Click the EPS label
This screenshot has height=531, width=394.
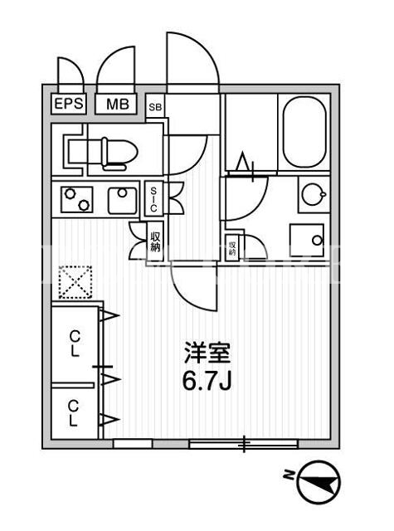tap(68, 103)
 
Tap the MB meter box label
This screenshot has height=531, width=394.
tap(117, 104)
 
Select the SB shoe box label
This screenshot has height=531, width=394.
tap(155, 107)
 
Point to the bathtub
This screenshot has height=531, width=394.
tap(304, 133)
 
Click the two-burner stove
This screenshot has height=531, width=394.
tap(76, 200)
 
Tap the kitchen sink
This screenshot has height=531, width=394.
tap(123, 201)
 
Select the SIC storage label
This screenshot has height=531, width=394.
tap(153, 199)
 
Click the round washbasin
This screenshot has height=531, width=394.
tap(314, 194)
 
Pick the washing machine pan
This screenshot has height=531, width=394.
tap(307, 240)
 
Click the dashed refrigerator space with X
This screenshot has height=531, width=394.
tap(75, 282)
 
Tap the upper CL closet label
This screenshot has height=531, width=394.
tap(75, 344)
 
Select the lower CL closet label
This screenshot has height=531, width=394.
tap(74, 413)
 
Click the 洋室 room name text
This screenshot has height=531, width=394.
tap(207, 353)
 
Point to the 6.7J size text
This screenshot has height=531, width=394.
tap(207, 382)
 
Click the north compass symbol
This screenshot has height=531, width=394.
tap(319, 482)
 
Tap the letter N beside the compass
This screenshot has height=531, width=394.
tap(288, 475)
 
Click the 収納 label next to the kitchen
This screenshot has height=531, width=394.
tap(155, 241)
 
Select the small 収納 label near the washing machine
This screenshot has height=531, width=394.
tap(232, 248)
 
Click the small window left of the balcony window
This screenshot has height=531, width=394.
tap(133, 444)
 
